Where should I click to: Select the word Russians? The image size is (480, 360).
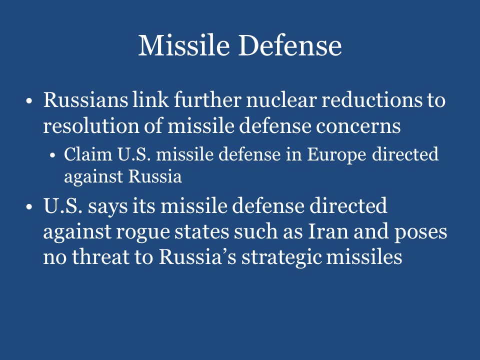[84, 100]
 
